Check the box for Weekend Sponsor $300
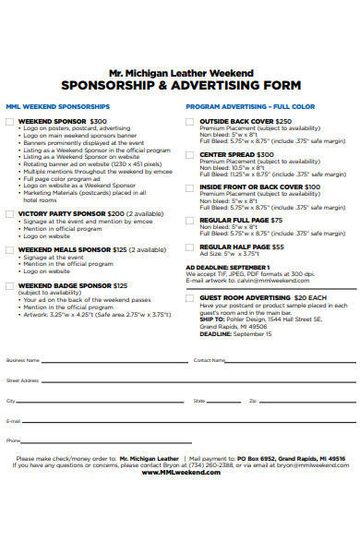point(9,121)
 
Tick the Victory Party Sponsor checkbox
point(9,212)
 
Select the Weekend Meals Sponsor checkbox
point(9,250)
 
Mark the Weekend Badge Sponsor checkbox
point(9,286)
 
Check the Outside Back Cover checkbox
point(190,121)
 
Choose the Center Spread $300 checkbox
point(190,154)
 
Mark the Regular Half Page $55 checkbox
point(190,247)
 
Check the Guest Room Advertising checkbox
point(190,298)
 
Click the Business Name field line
point(111,360)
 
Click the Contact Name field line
point(286,360)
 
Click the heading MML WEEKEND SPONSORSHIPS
point(57,106)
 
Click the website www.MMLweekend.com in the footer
point(181,472)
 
